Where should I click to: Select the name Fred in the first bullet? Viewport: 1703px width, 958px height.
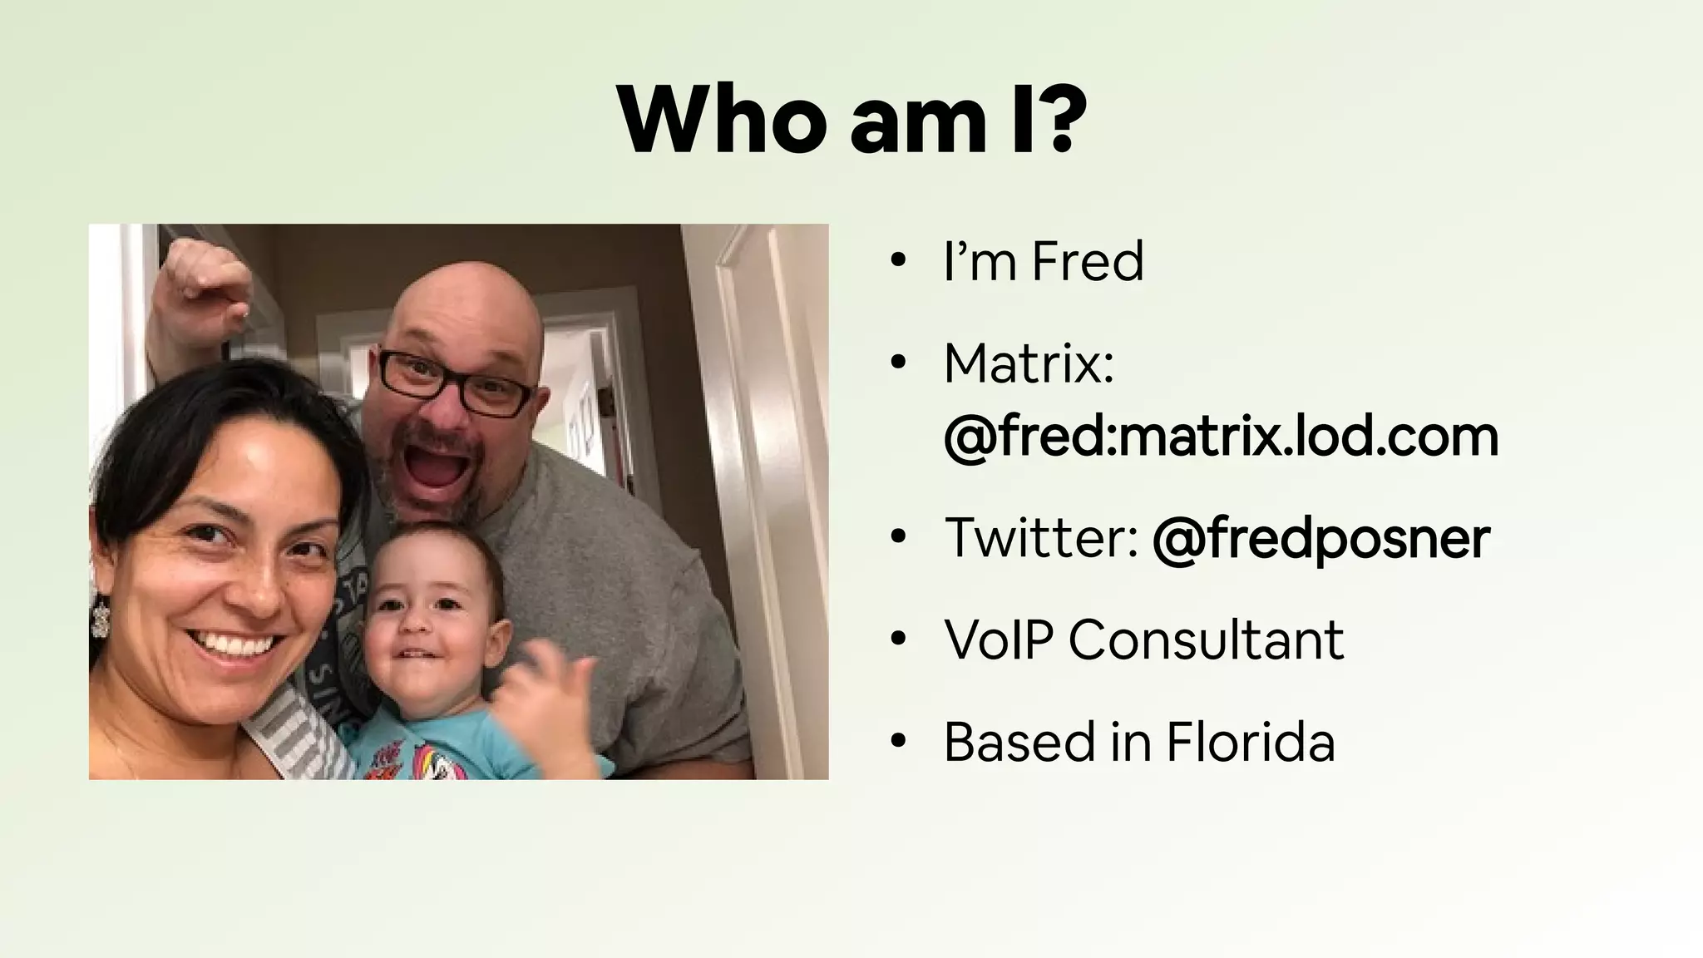coord(1088,261)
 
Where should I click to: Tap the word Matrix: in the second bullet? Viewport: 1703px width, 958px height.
coord(1029,363)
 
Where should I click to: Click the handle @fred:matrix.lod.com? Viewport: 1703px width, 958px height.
coord(1221,437)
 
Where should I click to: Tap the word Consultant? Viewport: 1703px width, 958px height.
coord(1206,639)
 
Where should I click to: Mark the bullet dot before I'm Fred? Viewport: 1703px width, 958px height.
coord(896,261)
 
